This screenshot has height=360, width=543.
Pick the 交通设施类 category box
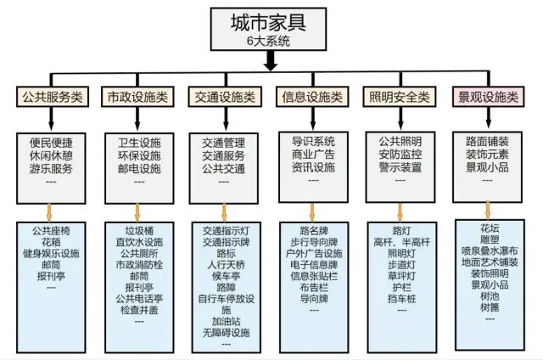tap(224, 97)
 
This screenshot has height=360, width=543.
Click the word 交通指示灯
tap(226, 230)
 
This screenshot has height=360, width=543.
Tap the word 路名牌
tap(314, 230)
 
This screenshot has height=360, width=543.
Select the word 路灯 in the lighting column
tap(401, 230)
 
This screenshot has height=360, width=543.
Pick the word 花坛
tap(490, 228)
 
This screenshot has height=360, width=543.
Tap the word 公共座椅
tap(51, 230)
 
